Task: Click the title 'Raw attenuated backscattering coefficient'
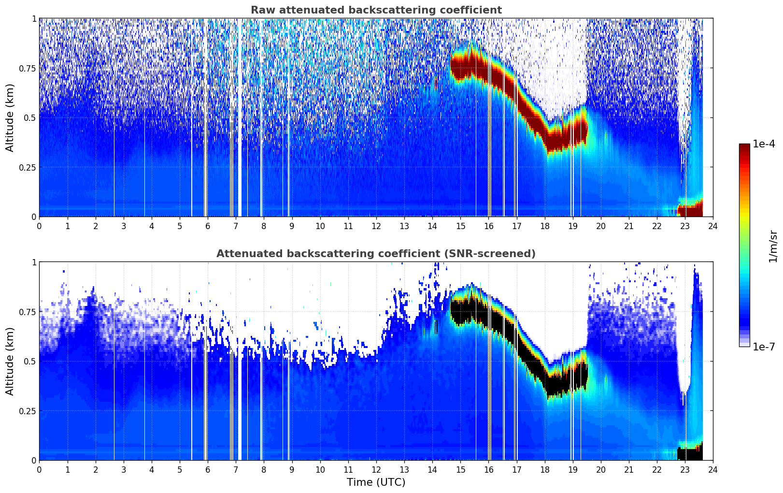(x=376, y=10)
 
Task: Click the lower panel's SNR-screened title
(x=376, y=254)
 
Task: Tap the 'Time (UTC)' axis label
(x=376, y=482)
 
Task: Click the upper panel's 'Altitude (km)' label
(x=10, y=117)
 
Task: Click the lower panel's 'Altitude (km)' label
(x=10, y=361)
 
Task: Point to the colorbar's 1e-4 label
(x=764, y=144)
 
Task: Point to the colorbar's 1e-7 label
(x=764, y=347)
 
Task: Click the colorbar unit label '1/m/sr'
(x=773, y=246)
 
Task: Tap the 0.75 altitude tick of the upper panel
(x=28, y=68)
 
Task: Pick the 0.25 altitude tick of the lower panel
(x=28, y=411)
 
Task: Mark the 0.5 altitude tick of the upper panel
(x=30, y=117)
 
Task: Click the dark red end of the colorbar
(x=744, y=147)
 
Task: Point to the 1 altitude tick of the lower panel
(x=34, y=262)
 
